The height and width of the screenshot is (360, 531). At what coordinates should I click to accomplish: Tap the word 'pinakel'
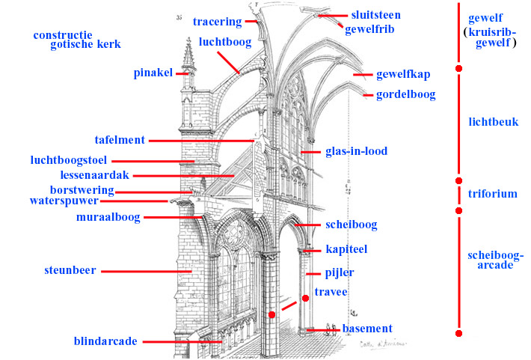(x=153, y=73)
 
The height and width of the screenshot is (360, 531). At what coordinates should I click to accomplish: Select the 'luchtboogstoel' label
(x=69, y=159)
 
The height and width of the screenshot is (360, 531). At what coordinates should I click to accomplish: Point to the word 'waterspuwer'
(x=63, y=201)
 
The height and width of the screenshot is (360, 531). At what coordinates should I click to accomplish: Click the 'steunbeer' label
(x=69, y=270)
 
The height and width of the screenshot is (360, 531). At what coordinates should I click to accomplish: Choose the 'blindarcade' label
(x=105, y=341)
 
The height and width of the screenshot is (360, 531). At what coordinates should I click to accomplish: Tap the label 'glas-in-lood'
(x=356, y=151)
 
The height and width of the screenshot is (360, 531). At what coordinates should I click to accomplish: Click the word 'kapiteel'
(x=346, y=248)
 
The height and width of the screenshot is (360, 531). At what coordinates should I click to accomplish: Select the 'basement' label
(x=367, y=329)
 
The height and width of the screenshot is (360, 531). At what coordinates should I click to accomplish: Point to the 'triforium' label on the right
(x=492, y=193)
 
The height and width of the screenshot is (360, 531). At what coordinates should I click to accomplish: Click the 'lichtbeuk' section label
(x=493, y=121)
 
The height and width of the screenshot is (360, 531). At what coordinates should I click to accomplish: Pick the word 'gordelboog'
(x=405, y=95)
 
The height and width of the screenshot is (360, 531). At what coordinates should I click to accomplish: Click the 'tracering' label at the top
(x=217, y=22)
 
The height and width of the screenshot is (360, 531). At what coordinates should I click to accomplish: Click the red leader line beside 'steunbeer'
(x=147, y=270)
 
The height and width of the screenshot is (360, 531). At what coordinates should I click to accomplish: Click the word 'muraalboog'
(x=108, y=217)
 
